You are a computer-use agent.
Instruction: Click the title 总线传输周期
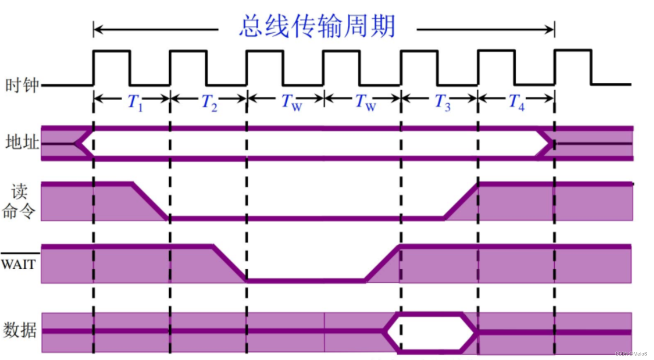point(317,27)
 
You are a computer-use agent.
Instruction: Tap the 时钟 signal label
point(21,85)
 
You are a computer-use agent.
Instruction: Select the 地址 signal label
point(21,143)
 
